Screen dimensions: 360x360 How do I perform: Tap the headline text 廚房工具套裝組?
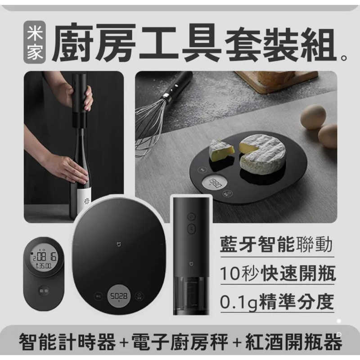point(193,45)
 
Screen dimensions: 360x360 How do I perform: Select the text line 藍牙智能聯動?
point(277,246)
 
